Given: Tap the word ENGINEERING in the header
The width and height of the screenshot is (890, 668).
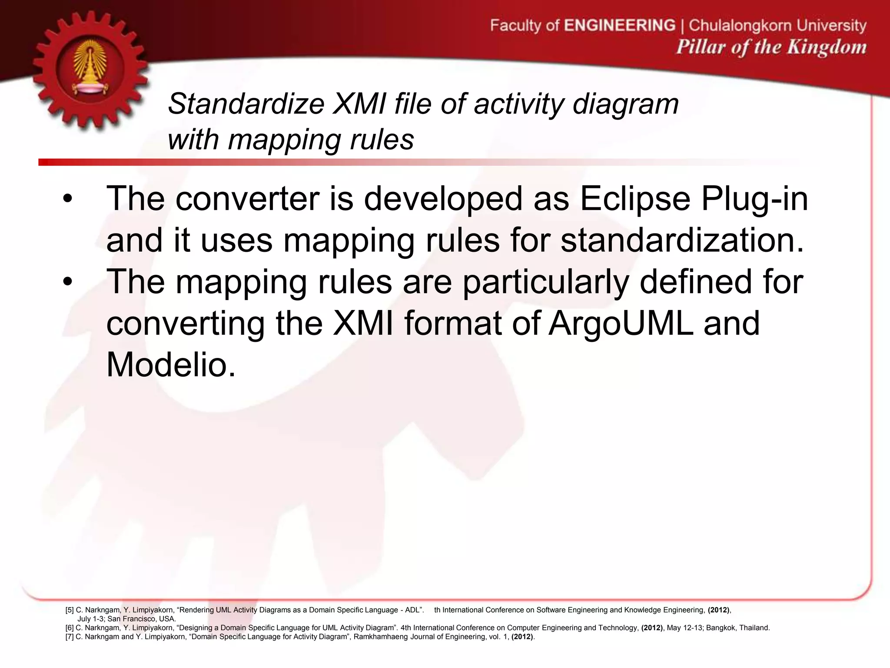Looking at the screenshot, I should (619, 25).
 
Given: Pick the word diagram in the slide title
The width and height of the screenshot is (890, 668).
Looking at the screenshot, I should (625, 104).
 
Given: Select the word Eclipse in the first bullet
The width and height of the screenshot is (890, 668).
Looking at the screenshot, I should (635, 199).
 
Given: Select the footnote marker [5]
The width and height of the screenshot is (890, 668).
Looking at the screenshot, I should (70, 610).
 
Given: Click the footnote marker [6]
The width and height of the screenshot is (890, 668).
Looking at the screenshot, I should (70, 628).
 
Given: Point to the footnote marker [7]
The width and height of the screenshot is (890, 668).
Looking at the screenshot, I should (70, 637).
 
